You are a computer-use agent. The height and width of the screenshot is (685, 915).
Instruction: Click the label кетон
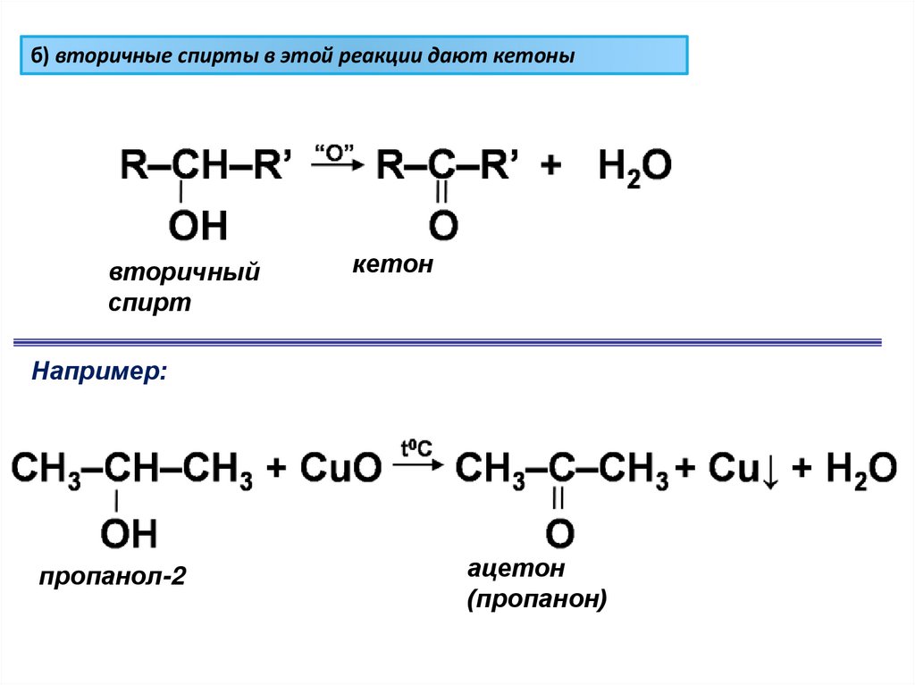pos(391,264)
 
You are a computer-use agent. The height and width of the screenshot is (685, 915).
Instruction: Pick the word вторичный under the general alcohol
pos(184,271)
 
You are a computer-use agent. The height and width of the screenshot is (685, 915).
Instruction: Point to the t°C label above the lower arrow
pos(416,447)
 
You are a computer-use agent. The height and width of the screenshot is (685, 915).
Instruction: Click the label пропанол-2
pos(112,576)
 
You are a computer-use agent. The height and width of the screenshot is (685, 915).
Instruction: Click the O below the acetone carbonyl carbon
pos(559,533)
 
